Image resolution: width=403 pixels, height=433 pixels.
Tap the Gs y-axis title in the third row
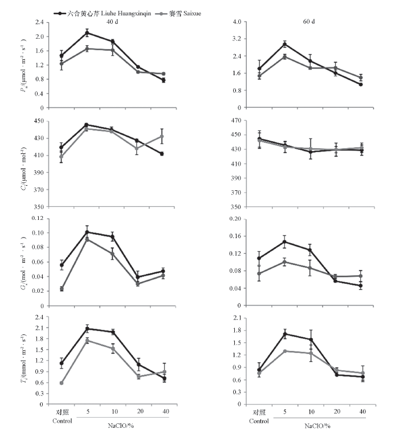(x=21, y=262)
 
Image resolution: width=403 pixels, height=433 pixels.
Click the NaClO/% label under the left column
(x=121, y=425)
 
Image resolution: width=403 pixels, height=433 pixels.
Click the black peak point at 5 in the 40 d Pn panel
(x=87, y=32)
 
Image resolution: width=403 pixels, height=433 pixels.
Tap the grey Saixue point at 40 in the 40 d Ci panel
(x=162, y=136)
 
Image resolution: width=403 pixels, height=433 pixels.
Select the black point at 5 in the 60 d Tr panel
(x=285, y=334)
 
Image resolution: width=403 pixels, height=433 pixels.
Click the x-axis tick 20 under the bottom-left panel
(x=137, y=411)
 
